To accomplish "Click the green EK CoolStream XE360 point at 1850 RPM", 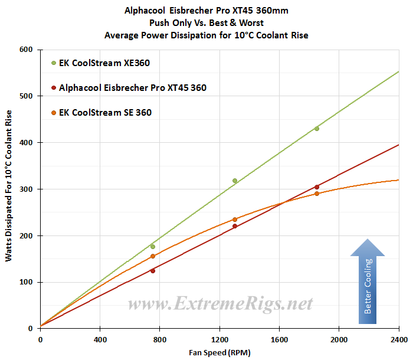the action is (x=317, y=129).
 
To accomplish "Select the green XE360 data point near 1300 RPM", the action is (x=235, y=181).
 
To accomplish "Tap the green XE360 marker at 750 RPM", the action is (x=153, y=247).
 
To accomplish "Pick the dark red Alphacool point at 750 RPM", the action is (x=153, y=271).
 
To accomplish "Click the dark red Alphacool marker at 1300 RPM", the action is (x=235, y=226).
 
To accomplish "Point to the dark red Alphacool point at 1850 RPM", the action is (x=317, y=187).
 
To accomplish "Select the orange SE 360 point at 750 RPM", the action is (x=153, y=256).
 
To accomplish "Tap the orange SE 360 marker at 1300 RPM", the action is (x=235, y=220).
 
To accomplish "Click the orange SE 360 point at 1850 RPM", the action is (x=317, y=194).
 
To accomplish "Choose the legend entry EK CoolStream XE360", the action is (x=104, y=63).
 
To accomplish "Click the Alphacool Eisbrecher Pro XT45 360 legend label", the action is (x=133, y=88).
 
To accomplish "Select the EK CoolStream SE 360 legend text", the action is (x=106, y=113).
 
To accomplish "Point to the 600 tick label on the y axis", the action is (x=26, y=50).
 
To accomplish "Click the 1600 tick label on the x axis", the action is (x=279, y=340).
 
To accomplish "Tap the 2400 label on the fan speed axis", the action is (x=399, y=340).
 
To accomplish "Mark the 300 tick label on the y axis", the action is (x=26, y=189).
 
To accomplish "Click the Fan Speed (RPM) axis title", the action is (x=219, y=352).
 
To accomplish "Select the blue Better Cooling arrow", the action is (x=368, y=281).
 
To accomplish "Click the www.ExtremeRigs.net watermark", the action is (x=220, y=303).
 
